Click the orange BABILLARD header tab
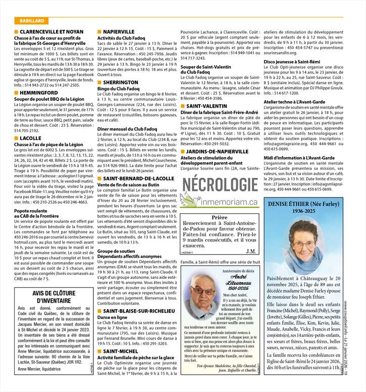tap(31, 20)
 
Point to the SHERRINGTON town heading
tap(121, 82)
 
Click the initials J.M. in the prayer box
tap(250, 251)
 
